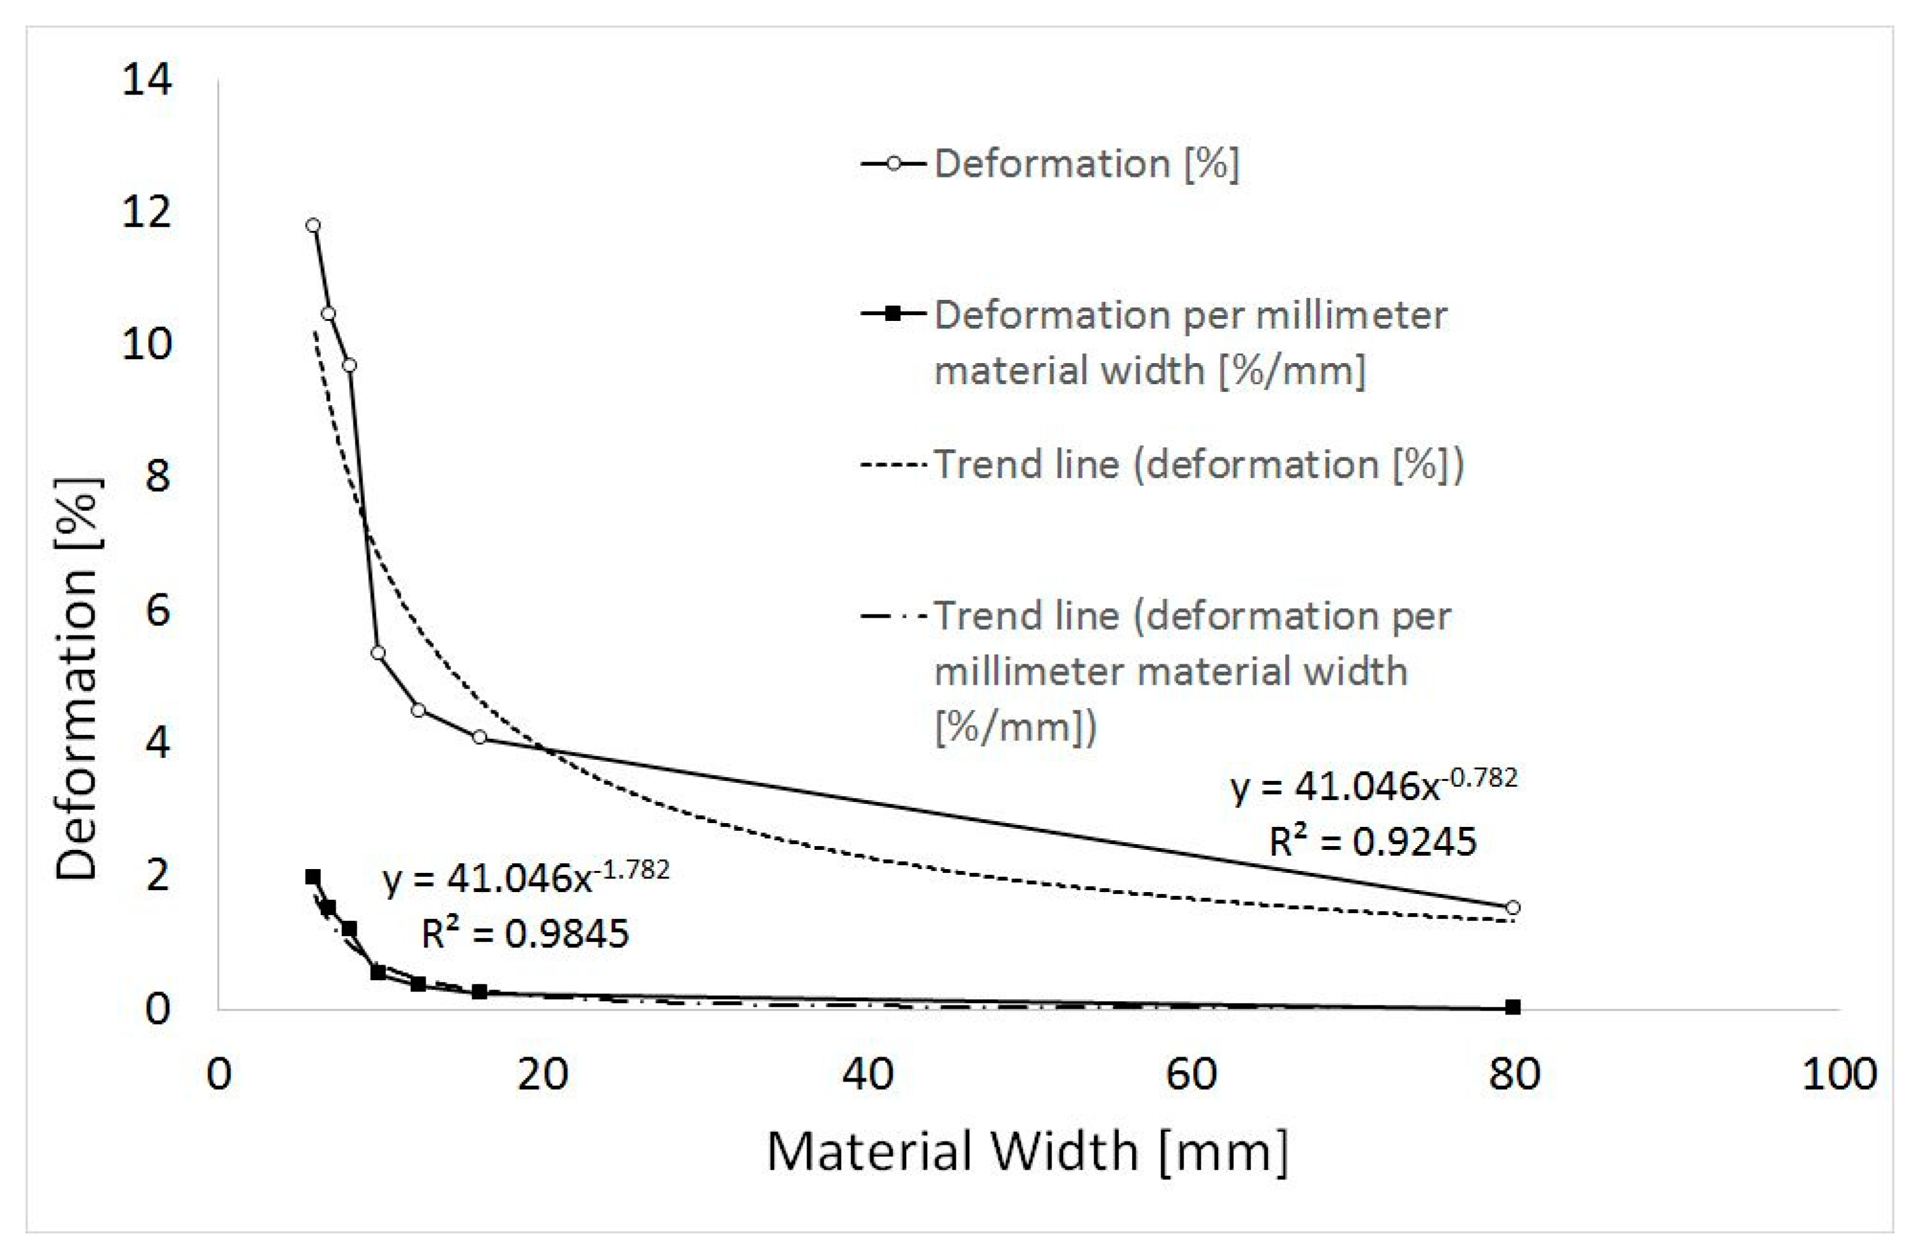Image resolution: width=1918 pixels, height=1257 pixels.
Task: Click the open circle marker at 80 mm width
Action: [x=1513, y=907]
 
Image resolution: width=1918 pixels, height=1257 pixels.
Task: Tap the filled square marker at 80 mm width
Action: [x=1513, y=1006]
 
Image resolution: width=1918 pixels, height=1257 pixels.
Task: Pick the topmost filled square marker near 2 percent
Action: [x=313, y=877]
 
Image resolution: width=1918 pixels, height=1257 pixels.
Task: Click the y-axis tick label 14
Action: [x=147, y=80]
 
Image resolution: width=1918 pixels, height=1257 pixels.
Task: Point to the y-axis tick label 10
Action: [x=147, y=345]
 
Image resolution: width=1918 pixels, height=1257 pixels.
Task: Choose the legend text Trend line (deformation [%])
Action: [x=1199, y=465]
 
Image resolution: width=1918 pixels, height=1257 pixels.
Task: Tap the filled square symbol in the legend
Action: [x=892, y=313]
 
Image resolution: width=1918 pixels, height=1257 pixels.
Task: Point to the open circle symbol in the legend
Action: [x=892, y=163]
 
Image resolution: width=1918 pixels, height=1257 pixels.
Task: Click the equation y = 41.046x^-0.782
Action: [x=1373, y=785]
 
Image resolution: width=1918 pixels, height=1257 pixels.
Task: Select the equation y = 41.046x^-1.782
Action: [x=525, y=878]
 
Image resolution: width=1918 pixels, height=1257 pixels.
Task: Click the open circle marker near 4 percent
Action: [x=480, y=736]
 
